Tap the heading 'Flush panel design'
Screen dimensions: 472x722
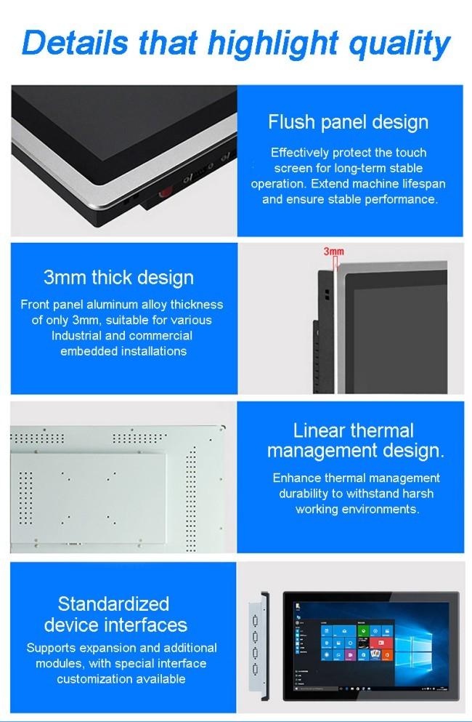point(349,122)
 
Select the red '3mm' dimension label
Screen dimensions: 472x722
point(333,251)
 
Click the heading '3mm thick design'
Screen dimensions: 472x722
point(118,278)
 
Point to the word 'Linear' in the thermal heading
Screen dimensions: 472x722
point(317,430)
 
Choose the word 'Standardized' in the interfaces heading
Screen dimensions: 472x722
point(113,603)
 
